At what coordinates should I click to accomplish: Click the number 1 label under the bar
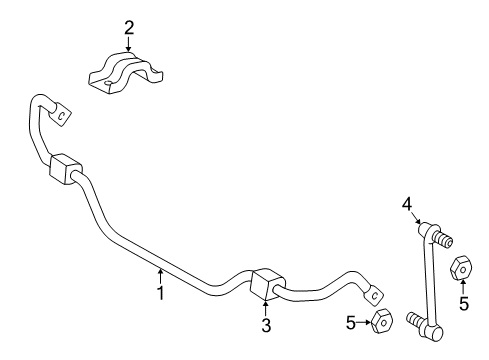pos(158,292)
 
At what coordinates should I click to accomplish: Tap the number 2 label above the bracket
pos(129,27)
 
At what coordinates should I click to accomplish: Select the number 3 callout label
pos(266,326)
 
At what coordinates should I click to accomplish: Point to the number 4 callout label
pos(407,204)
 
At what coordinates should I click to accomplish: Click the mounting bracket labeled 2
pos(128,73)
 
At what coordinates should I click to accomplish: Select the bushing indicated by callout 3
pos(266,283)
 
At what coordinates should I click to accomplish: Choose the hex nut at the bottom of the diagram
pos(382,322)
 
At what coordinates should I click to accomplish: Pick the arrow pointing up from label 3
pos(266,309)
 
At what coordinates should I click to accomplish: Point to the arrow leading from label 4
pos(418,218)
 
